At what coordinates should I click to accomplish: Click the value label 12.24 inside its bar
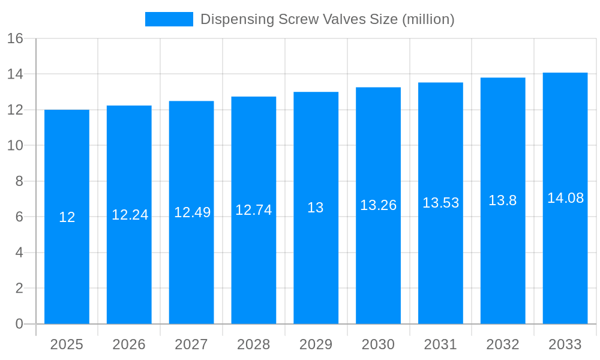[130, 215]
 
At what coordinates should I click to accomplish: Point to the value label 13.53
[440, 203]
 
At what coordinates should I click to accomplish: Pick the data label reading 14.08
[565, 198]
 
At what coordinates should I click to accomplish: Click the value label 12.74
[253, 210]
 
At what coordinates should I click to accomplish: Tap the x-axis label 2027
[191, 344]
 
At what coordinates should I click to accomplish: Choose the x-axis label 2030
[378, 344]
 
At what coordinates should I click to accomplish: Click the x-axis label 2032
[503, 344]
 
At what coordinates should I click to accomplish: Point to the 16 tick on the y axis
[15, 38]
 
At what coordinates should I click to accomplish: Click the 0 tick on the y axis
[19, 324]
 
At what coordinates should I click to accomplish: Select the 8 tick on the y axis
[19, 181]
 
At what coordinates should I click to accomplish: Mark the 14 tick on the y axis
[15, 74]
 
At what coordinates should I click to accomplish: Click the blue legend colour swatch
[169, 19]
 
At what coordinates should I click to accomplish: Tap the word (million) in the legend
[428, 19]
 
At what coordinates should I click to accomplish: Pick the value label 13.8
[502, 200]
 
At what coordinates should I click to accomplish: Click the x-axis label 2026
[129, 344]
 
